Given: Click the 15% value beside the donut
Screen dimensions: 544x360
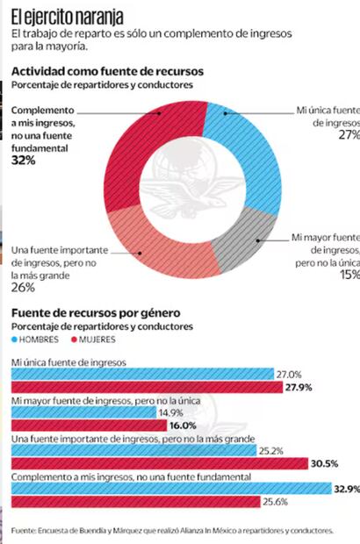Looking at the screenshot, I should click(x=349, y=274).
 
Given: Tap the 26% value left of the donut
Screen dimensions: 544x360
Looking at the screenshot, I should click(x=23, y=287).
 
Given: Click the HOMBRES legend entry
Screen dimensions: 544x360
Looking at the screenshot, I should click(x=40, y=339).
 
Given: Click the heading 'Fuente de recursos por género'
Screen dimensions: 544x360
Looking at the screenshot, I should click(x=96, y=312).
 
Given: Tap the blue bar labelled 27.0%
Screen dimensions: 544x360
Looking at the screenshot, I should click(x=140, y=373).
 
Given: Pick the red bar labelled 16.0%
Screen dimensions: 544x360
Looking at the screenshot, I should click(x=87, y=425).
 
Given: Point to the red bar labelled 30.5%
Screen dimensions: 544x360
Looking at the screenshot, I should click(x=158, y=463).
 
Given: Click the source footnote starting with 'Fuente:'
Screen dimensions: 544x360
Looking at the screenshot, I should click(x=173, y=530).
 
